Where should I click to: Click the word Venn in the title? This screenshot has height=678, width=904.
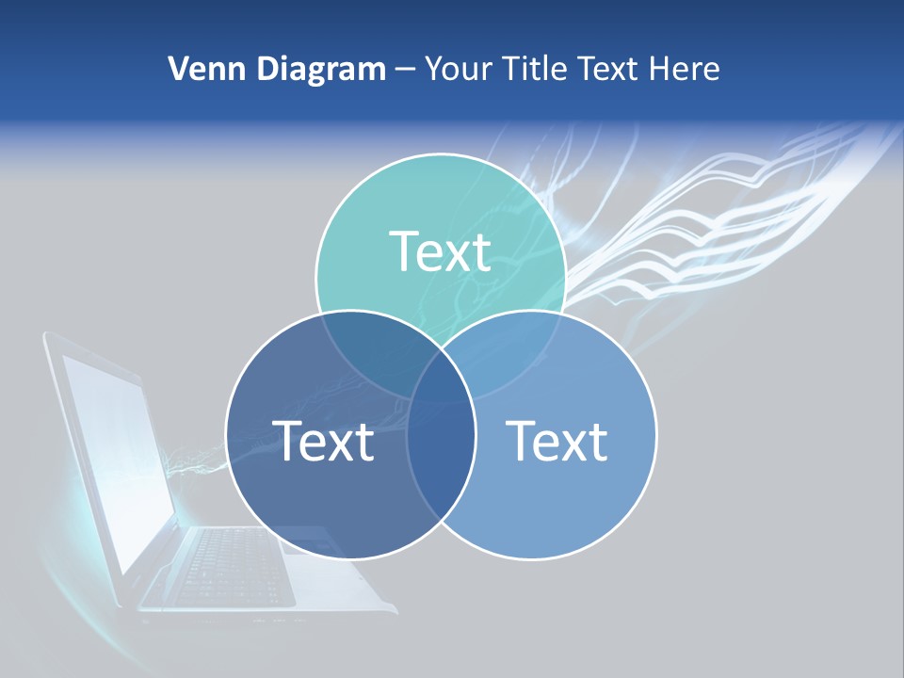(200, 69)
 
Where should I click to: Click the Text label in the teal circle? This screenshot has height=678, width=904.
(440, 251)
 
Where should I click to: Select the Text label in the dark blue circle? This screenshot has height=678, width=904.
(323, 441)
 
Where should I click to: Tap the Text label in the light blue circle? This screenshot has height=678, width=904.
(557, 441)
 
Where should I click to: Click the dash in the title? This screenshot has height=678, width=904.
(405, 69)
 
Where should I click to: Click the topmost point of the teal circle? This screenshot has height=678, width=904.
(440, 154)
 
